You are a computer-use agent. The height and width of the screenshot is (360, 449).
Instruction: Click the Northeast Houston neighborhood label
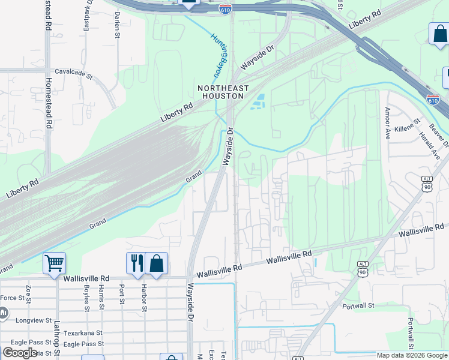(x=223, y=92)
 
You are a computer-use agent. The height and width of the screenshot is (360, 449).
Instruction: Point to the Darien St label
(x=118, y=25)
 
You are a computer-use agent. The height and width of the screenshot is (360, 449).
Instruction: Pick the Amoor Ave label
(x=388, y=123)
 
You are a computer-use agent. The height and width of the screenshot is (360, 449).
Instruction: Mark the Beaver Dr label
(x=439, y=135)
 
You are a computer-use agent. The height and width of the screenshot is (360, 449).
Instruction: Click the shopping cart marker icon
(x=54, y=262)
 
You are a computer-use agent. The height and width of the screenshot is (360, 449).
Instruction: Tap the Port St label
(x=122, y=293)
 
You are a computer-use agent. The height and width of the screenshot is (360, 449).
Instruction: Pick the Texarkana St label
(x=82, y=332)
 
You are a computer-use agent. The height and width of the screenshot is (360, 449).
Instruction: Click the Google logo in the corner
(x=20, y=353)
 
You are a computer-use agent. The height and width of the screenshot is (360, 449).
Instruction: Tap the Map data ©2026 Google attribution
(x=412, y=355)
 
